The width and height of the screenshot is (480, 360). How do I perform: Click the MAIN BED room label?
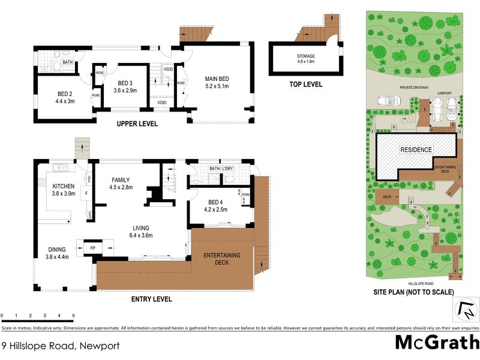(217, 79)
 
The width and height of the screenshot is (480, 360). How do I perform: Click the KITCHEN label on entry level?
(63, 186)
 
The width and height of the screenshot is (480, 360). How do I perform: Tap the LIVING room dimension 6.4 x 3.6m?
(142, 235)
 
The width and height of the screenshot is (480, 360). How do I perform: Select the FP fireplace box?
(92, 247)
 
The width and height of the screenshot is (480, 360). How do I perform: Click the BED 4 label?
(217, 202)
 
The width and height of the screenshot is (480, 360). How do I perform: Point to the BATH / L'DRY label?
(221, 169)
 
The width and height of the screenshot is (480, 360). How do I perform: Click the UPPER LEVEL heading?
(137, 124)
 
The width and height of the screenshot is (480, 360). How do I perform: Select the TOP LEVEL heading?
(304, 85)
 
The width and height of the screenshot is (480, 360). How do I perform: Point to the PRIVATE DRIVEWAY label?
(415, 88)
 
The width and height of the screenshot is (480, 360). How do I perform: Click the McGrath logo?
(436, 344)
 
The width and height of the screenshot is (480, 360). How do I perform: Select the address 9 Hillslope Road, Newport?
(61, 346)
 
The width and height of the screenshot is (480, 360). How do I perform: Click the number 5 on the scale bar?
(73, 315)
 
